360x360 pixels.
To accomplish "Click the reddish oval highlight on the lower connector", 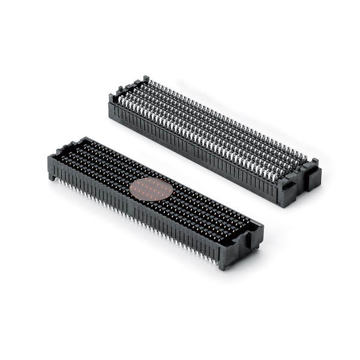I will click(x=151, y=189).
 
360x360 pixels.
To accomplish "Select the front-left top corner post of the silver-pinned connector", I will click(x=112, y=98).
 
